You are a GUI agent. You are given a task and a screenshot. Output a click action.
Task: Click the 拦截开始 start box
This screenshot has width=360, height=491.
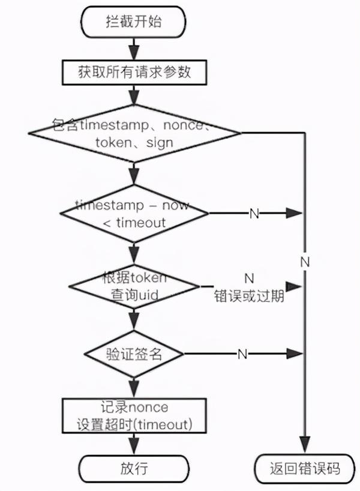(x=133, y=22)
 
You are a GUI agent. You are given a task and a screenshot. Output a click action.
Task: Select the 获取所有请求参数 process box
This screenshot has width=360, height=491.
(x=134, y=73)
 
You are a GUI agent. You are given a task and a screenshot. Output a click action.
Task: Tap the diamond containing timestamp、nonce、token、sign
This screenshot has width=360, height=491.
(x=134, y=133)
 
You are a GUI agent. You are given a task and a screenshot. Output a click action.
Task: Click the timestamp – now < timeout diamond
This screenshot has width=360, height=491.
(x=134, y=214)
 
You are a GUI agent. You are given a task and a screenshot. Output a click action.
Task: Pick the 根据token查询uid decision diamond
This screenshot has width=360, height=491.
(x=134, y=286)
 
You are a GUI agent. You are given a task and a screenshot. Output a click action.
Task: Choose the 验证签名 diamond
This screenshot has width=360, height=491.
(x=134, y=354)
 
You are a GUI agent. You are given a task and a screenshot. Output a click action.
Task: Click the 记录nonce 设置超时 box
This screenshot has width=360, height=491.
(x=134, y=416)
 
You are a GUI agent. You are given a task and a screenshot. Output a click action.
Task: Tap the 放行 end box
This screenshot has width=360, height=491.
(x=134, y=469)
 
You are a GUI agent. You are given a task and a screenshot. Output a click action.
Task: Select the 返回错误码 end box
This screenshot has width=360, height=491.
(x=305, y=469)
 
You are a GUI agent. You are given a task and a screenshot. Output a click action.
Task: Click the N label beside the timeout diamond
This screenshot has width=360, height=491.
(x=254, y=214)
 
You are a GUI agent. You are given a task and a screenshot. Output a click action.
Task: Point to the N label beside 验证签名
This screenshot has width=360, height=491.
(x=242, y=354)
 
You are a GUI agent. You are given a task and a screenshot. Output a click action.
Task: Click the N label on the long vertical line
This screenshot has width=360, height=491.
(x=305, y=262)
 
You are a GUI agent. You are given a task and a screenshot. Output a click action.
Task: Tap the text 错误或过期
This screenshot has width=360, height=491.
(x=249, y=296)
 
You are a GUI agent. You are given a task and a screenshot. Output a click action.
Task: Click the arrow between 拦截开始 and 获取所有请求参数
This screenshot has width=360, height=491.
(x=134, y=49)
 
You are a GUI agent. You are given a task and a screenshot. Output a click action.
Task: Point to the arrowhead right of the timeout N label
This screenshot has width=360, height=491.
(x=294, y=214)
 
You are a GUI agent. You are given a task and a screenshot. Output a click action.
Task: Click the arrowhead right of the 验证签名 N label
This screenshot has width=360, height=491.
(x=294, y=354)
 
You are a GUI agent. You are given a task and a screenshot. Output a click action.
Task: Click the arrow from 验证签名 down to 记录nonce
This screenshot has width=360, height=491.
(x=134, y=388)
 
